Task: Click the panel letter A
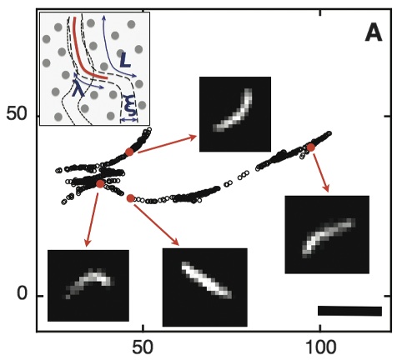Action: coord(374,34)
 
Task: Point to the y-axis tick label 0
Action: coord(23,293)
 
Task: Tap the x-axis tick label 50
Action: coord(143,347)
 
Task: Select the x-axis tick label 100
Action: coord(320,347)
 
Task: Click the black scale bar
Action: coord(349,311)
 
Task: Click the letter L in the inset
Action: coord(125,61)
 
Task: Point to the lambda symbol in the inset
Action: coord(78,87)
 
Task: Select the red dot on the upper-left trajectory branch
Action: coord(129,152)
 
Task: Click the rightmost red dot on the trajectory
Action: coord(310,147)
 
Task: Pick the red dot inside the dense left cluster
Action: coord(100,183)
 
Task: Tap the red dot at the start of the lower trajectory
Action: coord(130,198)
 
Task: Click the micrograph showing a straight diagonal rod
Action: coord(205,287)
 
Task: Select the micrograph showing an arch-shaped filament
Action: coord(88,286)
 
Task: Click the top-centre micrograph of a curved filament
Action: coord(235,114)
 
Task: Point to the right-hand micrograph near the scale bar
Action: coord(327,234)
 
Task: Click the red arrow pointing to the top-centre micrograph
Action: coord(168,144)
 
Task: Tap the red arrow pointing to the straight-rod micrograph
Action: coord(157,225)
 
